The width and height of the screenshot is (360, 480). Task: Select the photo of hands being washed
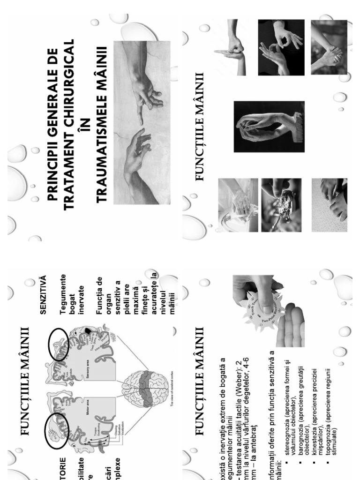(x=237, y=205)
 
